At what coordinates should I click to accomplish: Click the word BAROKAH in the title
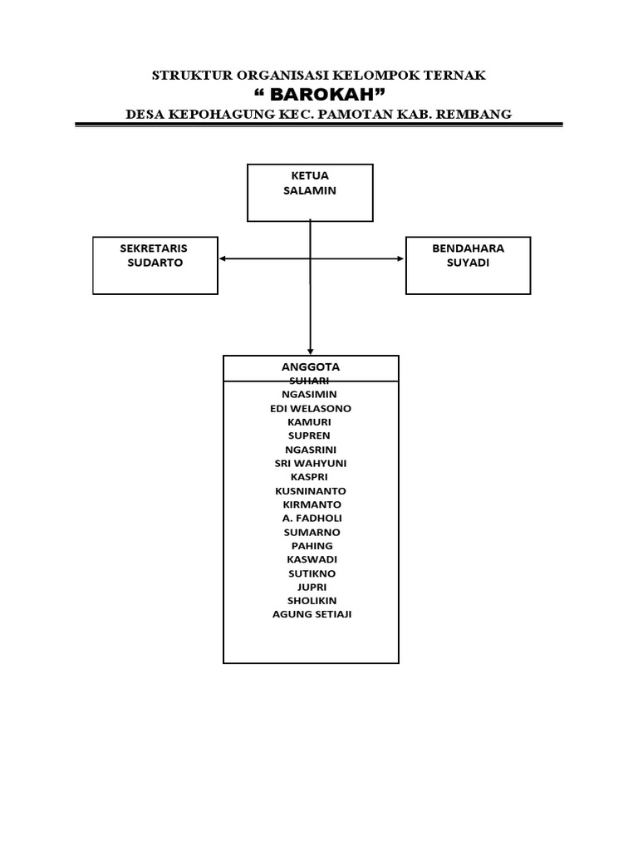click(x=319, y=93)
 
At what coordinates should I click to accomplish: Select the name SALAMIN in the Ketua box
click(x=311, y=190)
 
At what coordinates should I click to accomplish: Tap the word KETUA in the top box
click(x=311, y=176)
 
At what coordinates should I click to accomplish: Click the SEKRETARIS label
click(x=154, y=248)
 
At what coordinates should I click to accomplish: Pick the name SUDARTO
click(x=154, y=263)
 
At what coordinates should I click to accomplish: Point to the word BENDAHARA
click(x=468, y=248)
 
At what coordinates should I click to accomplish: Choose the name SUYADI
click(x=468, y=263)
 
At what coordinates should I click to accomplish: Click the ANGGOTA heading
click(x=311, y=366)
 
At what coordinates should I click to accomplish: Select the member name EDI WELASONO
click(x=311, y=408)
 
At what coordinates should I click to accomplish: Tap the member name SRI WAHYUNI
click(x=311, y=463)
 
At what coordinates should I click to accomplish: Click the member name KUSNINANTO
click(x=311, y=490)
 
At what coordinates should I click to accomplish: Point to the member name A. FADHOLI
click(x=312, y=518)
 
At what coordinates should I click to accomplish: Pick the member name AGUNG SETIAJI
click(x=312, y=614)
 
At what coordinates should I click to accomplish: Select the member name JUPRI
click(x=311, y=587)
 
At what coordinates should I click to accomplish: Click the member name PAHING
click(x=312, y=545)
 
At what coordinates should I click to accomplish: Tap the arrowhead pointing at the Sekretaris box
click(x=223, y=259)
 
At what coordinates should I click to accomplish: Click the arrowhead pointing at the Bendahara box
click(x=400, y=259)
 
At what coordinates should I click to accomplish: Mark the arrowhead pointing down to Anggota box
click(x=310, y=351)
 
